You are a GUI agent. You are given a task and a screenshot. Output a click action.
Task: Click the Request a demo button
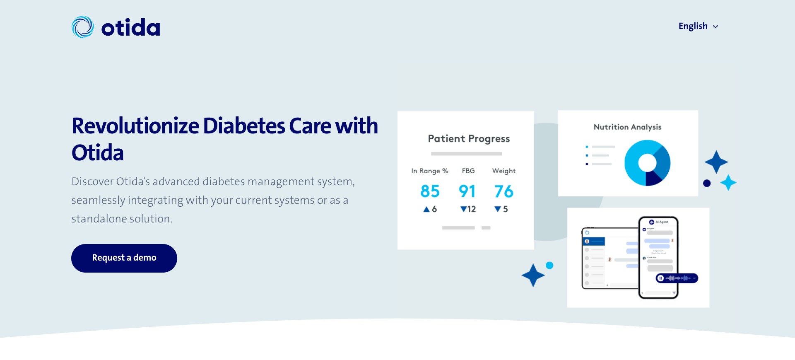point(124,258)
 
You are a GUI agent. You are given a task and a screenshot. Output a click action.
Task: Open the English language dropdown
point(698,26)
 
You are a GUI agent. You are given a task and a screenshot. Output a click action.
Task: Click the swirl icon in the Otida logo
point(83,27)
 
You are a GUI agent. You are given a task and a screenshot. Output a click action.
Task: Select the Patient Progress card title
point(469,139)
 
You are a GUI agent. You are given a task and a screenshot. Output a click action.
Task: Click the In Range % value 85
point(430,191)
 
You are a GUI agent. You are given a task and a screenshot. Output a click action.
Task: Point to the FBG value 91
point(467,191)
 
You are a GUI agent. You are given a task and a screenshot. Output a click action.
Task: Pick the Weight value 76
point(503,191)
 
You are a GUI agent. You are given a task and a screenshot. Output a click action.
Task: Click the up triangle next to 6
point(426,210)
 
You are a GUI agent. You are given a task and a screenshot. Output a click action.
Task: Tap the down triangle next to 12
point(463,210)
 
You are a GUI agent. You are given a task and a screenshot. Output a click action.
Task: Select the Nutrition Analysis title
point(627,127)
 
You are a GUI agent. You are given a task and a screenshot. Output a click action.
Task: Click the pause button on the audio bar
point(661,278)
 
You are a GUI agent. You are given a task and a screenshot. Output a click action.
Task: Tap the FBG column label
point(468,171)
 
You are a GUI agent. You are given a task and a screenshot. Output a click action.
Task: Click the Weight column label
point(503,171)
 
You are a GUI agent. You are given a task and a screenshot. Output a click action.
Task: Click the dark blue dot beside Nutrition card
point(707,183)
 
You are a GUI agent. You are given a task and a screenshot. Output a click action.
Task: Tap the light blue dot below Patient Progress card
point(549,266)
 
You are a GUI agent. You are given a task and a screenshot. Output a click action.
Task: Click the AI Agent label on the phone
point(662,222)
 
